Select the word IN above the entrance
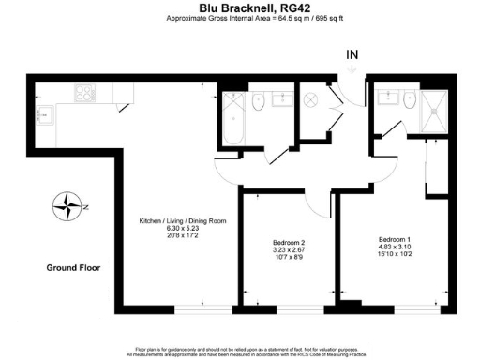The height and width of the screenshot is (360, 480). tap(352, 55)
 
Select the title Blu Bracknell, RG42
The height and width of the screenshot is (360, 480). tap(239, 7)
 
